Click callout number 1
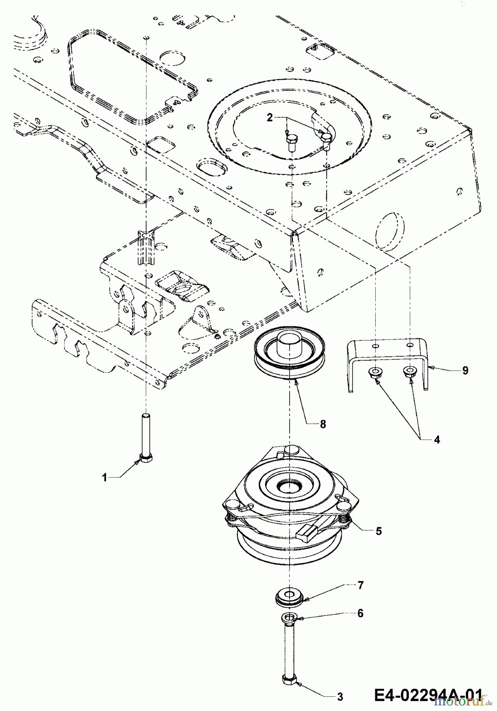(x=104, y=478)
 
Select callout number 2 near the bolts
(x=269, y=118)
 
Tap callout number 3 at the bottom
(x=340, y=697)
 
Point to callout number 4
(x=437, y=439)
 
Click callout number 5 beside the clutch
(x=378, y=531)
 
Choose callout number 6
(x=360, y=613)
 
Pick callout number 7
(x=360, y=585)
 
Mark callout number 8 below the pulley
(x=323, y=424)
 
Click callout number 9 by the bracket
(x=465, y=370)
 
